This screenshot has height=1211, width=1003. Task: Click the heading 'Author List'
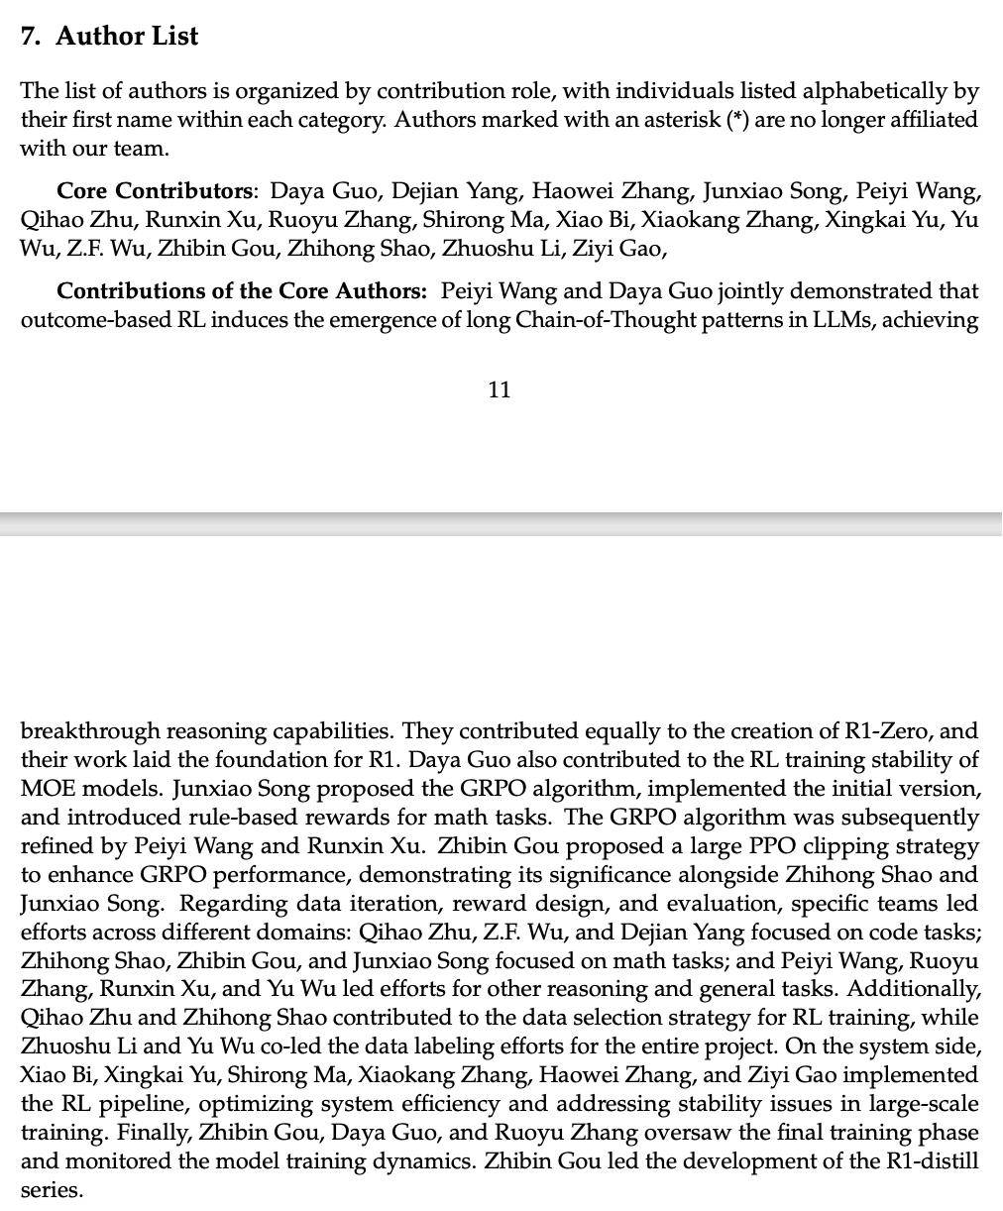point(126,36)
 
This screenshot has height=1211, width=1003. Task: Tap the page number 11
point(500,389)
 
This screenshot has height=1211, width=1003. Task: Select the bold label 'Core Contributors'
point(155,190)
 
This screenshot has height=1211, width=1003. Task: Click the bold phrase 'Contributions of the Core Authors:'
point(242,291)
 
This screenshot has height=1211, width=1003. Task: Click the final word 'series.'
point(52,1189)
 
